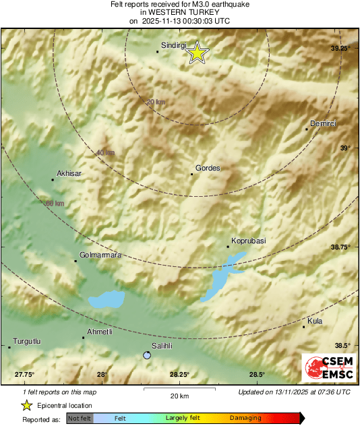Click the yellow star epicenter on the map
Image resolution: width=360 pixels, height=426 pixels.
coord(197,53)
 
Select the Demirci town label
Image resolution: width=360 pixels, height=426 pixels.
coord(322,123)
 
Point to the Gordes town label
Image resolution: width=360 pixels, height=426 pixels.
coord(208,168)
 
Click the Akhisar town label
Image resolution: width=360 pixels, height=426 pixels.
coord(69,173)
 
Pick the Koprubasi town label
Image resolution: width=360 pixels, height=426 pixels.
coord(249,240)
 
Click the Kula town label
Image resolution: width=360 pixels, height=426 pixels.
coord(314,321)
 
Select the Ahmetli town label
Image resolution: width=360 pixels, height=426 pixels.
coord(98,332)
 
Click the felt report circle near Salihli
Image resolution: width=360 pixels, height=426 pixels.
coord(147,355)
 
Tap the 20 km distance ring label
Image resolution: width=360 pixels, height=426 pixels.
coord(155,102)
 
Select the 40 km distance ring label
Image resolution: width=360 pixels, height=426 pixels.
coord(104,153)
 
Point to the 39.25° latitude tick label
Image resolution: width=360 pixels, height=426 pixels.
coord(340,49)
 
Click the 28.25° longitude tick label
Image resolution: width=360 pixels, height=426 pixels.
coord(179,375)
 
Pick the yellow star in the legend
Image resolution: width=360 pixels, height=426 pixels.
coord(26,405)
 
